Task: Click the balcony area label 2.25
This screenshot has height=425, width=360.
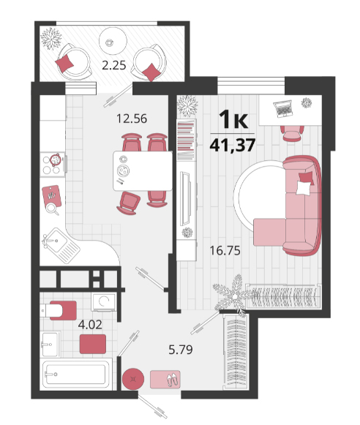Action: click(114, 65)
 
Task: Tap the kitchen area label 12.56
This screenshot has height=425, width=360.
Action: click(132, 119)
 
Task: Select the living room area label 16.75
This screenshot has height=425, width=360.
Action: click(225, 251)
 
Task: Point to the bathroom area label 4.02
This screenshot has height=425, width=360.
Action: click(90, 325)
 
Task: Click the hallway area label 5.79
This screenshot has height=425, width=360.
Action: click(181, 350)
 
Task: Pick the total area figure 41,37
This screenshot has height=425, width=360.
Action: click(233, 145)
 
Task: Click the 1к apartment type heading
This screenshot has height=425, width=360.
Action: click(233, 119)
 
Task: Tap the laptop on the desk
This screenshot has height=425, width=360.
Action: click(283, 109)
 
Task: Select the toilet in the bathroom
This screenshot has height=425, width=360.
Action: click(59, 310)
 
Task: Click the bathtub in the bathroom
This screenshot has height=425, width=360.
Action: click(76, 375)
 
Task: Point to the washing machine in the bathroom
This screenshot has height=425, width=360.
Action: click(104, 301)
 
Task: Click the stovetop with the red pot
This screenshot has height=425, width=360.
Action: click(53, 165)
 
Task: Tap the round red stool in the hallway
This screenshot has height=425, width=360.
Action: click(133, 379)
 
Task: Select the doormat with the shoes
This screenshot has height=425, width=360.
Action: click(165, 379)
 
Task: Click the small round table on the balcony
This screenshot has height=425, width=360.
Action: click(113, 42)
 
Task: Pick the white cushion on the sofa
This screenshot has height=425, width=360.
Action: click(304, 188)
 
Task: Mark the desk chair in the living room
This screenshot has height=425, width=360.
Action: click(292, 133)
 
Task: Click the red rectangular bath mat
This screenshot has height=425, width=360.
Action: click(93, 344)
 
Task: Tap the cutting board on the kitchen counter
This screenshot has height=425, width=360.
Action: click(51, 197)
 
